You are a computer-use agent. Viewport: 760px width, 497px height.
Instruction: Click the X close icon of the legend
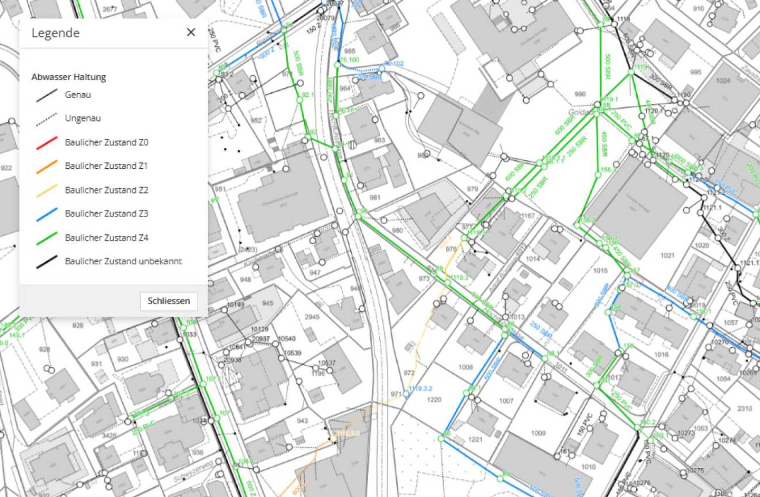191,33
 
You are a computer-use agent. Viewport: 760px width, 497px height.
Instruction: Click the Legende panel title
55,33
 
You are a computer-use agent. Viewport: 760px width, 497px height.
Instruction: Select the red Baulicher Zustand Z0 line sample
47,143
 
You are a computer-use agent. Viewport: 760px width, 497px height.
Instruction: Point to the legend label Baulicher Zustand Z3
106,214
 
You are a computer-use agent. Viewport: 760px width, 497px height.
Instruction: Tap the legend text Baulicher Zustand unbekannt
123,262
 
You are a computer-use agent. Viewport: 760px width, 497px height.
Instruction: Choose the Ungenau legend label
83,118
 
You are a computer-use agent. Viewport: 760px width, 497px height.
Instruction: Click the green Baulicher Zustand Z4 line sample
47,238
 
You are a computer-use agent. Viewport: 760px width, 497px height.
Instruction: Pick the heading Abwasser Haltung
68,77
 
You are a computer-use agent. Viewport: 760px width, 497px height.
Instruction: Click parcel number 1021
667,256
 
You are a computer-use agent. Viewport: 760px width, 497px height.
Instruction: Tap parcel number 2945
312,317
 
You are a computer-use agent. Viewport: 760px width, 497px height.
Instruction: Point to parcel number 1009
538,434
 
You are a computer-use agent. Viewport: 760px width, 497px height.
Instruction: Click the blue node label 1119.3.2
421,389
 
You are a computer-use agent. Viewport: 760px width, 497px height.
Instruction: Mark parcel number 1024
723,81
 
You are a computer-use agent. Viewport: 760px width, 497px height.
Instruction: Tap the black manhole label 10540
287,339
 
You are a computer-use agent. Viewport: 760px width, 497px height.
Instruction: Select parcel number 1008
466,367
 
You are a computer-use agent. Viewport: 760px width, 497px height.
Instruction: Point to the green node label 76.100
350,60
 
